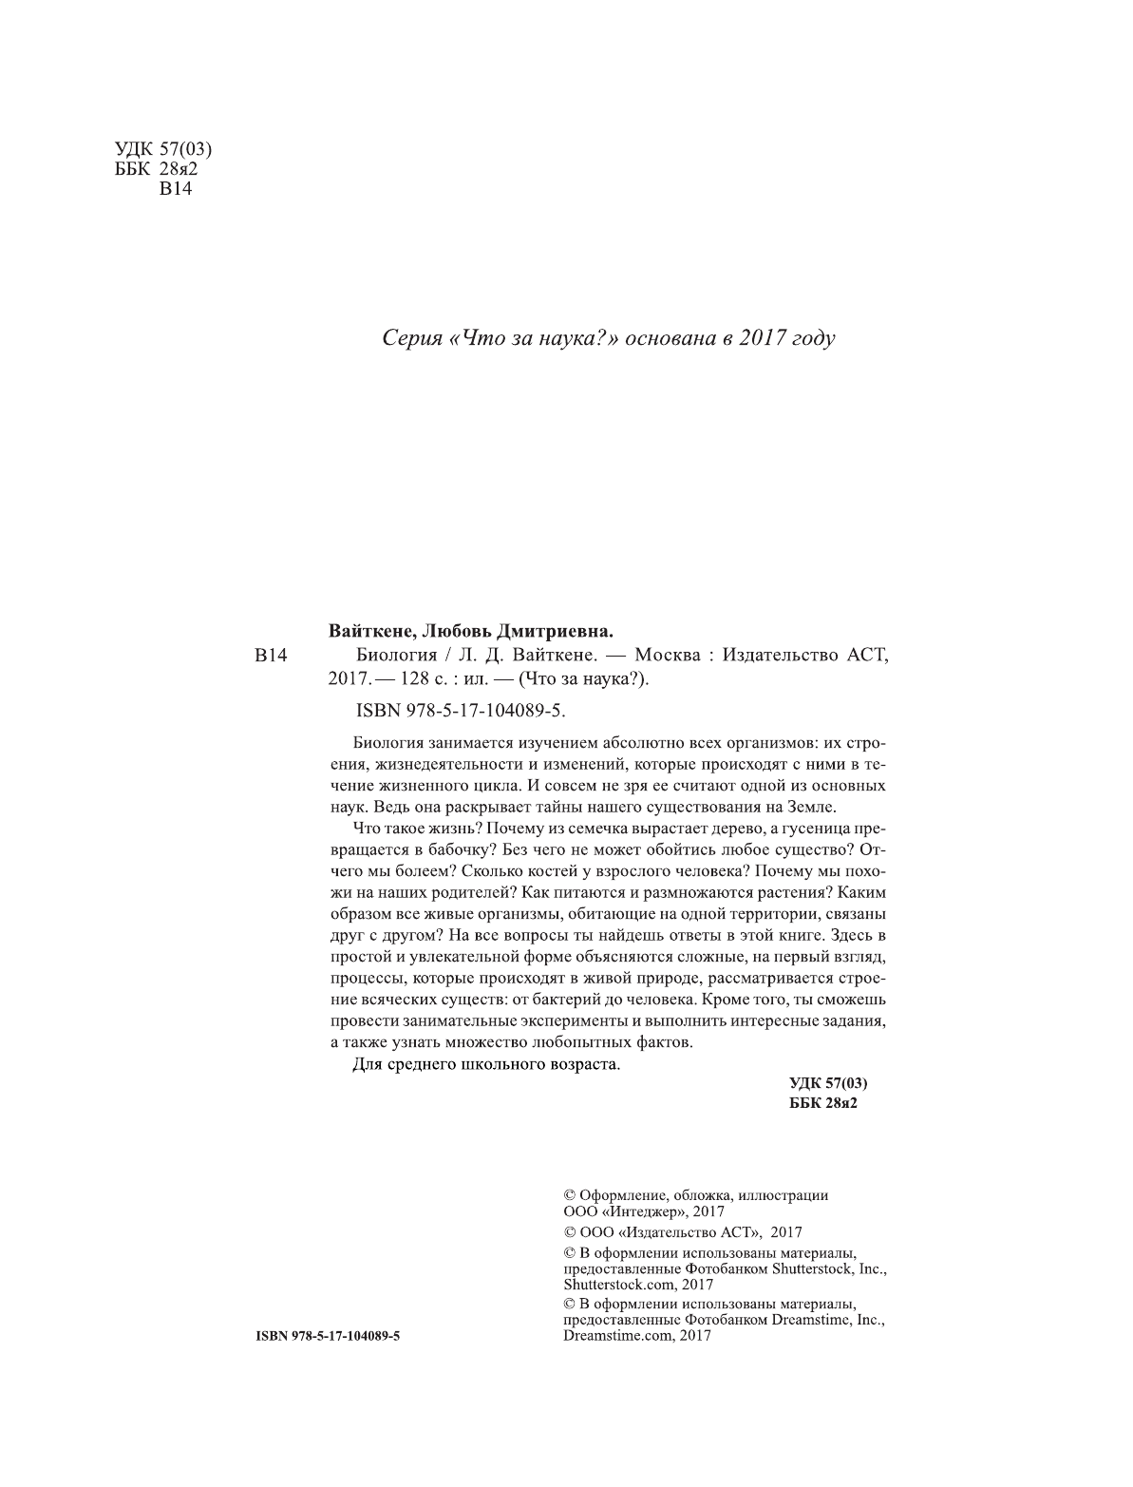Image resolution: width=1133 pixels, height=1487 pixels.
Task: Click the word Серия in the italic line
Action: [409, 338]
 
